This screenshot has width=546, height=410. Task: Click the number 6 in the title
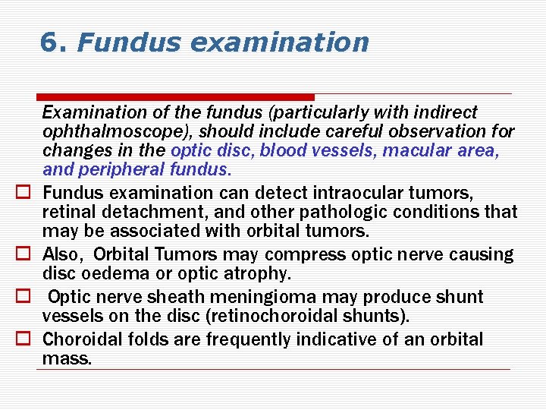(49, 43)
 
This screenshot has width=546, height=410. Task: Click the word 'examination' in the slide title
(279, 43)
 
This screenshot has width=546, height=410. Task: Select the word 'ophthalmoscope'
(116, 131)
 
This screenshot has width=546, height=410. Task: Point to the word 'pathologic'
(357, 210)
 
